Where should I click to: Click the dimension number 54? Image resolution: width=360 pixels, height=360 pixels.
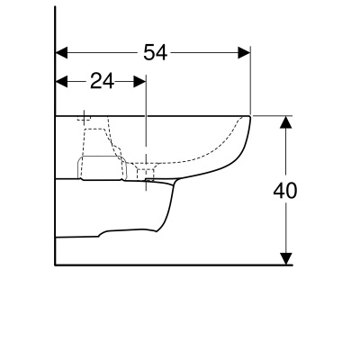click(155, 52)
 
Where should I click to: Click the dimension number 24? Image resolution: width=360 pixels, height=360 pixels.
click(102, 81)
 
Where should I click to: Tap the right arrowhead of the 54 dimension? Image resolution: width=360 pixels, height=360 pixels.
click(244, 52)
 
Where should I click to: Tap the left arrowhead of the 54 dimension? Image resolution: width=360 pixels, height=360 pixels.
click(62, 52)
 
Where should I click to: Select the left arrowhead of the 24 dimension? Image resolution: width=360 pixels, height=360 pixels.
click(62, 81)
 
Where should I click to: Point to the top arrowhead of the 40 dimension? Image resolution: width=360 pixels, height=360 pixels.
click(286, 121)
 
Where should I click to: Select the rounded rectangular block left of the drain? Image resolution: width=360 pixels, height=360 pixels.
click(100, 167)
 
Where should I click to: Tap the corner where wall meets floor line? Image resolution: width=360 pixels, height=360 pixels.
click(56, 265)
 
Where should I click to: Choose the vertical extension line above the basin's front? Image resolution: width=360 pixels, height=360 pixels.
click(250, 85)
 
